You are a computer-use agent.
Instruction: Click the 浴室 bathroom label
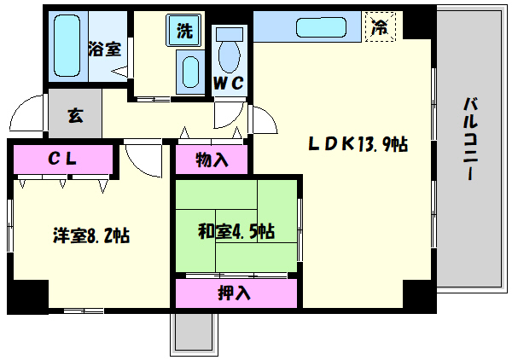(x=104, y=49)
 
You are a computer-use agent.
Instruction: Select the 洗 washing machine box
(x=185, y=29)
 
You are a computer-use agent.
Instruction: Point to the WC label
(x=229, y=83)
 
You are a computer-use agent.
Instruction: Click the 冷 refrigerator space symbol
(x=378, y=26)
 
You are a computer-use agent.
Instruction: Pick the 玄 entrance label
(x=75, y=117)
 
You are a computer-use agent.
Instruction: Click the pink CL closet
(x=63, y=159)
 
